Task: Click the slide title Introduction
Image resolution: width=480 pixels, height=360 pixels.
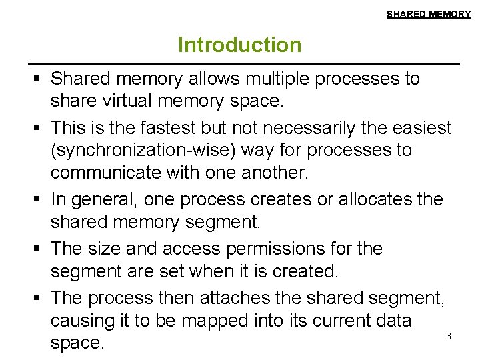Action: [x=239, y=45]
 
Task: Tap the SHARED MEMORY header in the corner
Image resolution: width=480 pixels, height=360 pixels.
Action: [x=429, y=14]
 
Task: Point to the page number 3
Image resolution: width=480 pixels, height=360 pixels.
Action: [x=448, y=337]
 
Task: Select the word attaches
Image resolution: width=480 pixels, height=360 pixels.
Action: [x=239, y=297]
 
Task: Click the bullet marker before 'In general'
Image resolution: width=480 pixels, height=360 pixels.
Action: [x=39, y=199]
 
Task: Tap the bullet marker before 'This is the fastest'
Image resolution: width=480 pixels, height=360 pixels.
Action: [x=39, y=127]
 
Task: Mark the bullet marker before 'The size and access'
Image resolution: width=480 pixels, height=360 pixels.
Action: [x=39, y=249]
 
